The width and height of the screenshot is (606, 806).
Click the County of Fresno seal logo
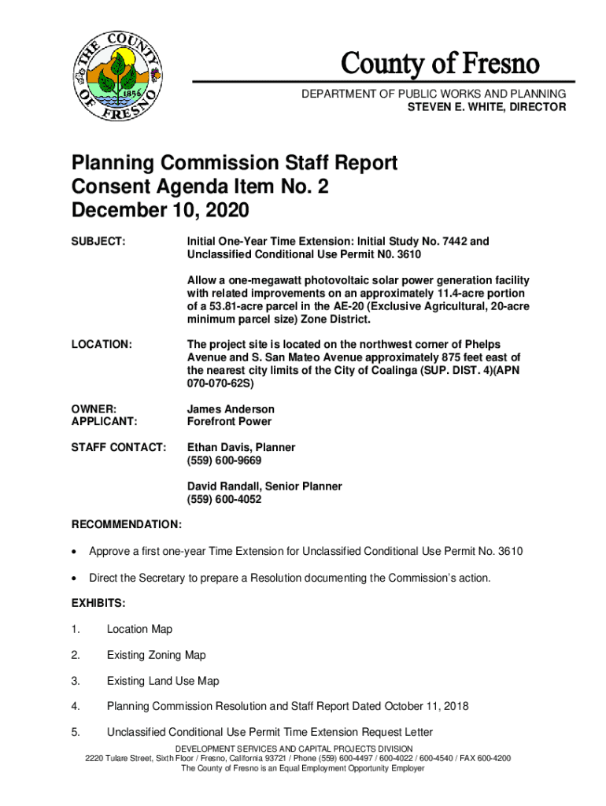116,76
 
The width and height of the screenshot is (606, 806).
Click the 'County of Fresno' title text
440,64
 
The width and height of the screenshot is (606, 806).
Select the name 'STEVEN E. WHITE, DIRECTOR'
486,107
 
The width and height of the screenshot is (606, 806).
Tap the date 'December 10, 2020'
160,210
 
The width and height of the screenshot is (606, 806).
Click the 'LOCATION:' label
102,345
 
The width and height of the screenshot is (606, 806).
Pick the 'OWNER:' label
94,409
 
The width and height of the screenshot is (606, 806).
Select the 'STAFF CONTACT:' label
119,448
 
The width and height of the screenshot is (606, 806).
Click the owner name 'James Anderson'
231,409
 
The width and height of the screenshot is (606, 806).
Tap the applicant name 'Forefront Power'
229,422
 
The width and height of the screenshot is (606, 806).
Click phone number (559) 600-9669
224,460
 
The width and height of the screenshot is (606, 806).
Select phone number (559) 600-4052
224,500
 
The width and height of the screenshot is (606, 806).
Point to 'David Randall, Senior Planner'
264,486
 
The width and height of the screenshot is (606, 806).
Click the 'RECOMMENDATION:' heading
127,524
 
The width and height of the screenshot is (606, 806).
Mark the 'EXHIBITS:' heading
98,603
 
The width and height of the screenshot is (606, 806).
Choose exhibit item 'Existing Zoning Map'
156,655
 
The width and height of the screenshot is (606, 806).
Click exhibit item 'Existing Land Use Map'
163,681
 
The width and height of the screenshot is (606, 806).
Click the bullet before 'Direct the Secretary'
76,579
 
